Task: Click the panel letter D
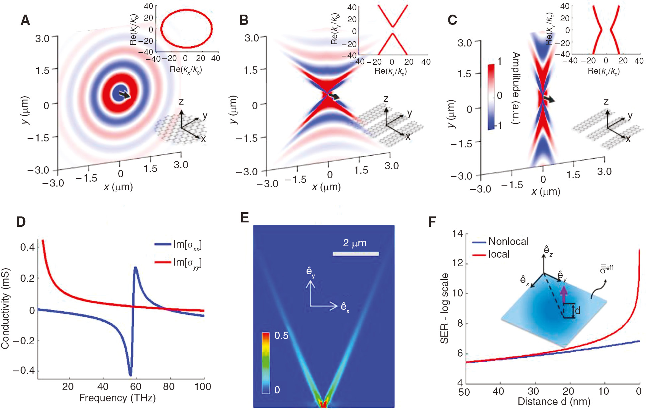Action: pos(21,222)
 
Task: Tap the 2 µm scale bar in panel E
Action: pos(355,254)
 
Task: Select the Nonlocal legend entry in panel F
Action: pos(508,242)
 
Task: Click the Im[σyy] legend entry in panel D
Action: pos(187,263)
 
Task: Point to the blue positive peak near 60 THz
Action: pos(136,268)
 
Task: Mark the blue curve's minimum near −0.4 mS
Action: pos(130,374)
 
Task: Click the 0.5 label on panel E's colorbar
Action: pos(281,336)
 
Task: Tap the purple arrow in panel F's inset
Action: pos(563,293)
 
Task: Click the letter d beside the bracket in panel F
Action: pos(578,310)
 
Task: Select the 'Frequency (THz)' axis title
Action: pos(117,398)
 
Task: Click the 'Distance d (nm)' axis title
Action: pos(554,401)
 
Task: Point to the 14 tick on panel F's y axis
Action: pos(457,234)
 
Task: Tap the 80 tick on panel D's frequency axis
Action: pos(169,386)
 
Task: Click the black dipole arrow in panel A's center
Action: pos(125,95)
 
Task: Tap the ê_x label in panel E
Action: pos(345,307)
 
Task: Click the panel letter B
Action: pos(243,21)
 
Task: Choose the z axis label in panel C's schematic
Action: pos(606,102)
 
